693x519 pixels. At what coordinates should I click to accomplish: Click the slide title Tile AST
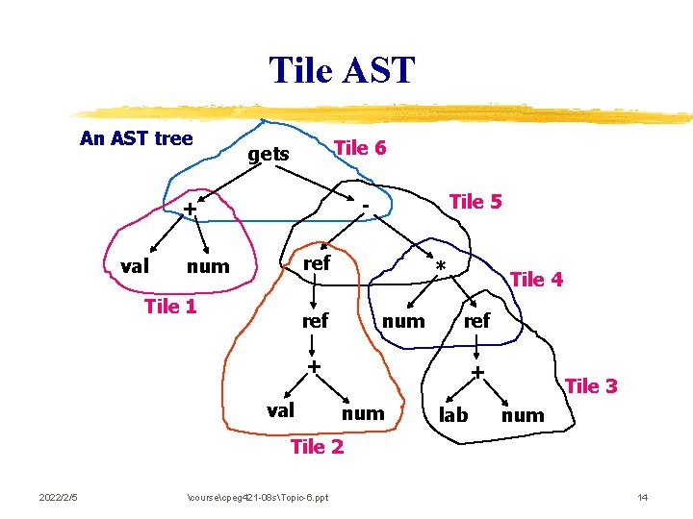click(x=342, y=70)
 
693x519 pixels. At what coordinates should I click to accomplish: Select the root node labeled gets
click(x=269, y=154)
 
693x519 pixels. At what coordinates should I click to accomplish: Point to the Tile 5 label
click(x=475, y=202)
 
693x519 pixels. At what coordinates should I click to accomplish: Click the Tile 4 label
click(x=536, y=280)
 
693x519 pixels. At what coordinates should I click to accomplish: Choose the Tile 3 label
click(x=591, y=386)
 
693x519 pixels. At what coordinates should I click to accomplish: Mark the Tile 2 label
click(x=317, y=446)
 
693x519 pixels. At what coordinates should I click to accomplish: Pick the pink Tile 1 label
click(x=169, y=307)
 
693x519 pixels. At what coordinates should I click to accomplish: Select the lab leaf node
click(x=453, y=415)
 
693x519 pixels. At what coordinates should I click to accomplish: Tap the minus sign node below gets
click(x=366, y=205)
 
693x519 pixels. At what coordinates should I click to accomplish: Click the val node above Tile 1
click(x=135, y=266)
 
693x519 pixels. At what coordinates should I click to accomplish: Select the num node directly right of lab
click(x=523, y=415)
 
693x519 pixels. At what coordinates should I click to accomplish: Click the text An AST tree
click(x=136, y=138)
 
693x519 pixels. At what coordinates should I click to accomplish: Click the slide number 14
click(x=643, y=496)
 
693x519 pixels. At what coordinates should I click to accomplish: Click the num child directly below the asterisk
click(x=403, y=321)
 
